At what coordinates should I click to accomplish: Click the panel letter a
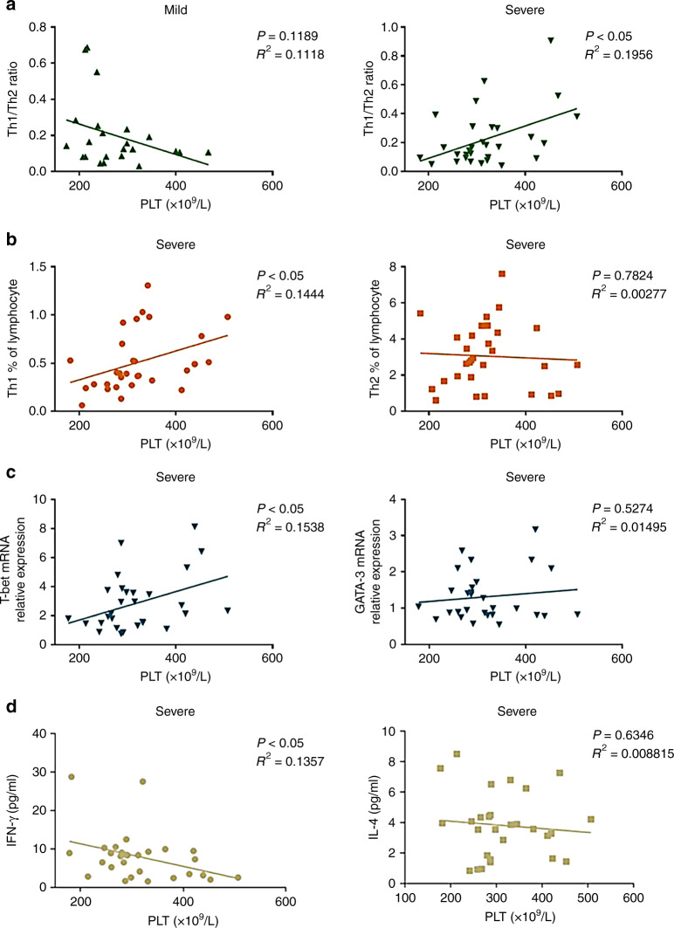click(9, 8)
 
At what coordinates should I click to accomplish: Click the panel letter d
click(9, 723)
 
